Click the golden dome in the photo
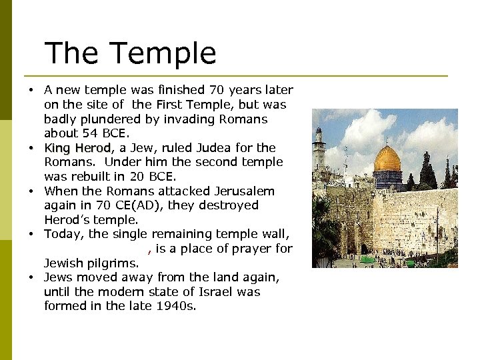pos(387,159)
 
